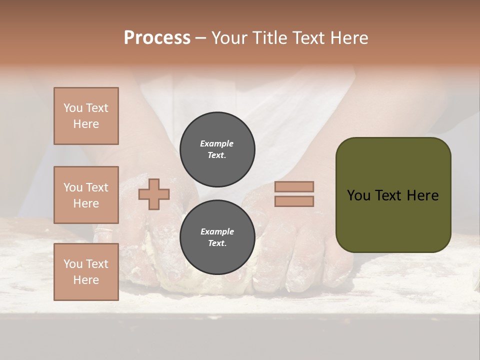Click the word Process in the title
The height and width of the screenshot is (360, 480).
point(157,38)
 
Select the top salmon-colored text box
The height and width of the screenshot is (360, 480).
point(86,116)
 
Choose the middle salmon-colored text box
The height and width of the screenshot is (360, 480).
point(86,195)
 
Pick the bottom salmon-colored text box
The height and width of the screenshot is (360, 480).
point(86,272)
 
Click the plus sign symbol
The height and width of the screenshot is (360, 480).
point(154,194)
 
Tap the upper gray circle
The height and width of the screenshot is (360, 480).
point(217,149)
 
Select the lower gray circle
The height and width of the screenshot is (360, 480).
point(217,237)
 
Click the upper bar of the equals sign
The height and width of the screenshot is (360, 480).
point(294,186)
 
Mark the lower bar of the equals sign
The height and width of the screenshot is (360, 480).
point(294,201)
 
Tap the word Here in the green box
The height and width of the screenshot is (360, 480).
point(422,195)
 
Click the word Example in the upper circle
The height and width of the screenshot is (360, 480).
point(217,143)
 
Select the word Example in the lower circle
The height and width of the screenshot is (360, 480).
point(217,231)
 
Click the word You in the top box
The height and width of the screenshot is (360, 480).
point(73,108)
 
